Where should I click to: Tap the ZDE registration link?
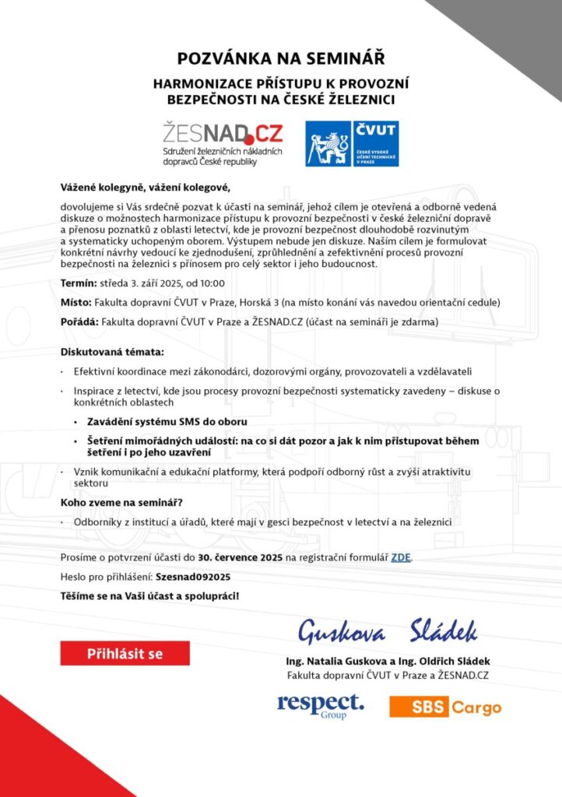point(400,557)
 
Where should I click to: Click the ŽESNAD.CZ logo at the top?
point(222,142)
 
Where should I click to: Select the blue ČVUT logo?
point(353,143)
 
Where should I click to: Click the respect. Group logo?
point(321,706)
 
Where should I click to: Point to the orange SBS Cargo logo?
point(445,707)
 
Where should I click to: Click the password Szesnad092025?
point(193,577)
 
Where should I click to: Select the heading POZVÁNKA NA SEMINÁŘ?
point(281,58)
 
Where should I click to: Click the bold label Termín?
point(78,283)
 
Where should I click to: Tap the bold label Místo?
point(76,301)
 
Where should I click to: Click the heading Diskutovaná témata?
point(112,352)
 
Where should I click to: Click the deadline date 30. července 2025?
point(240,557)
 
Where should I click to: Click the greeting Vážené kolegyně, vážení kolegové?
point(146,188)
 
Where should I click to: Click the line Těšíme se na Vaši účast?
point(150,595)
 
